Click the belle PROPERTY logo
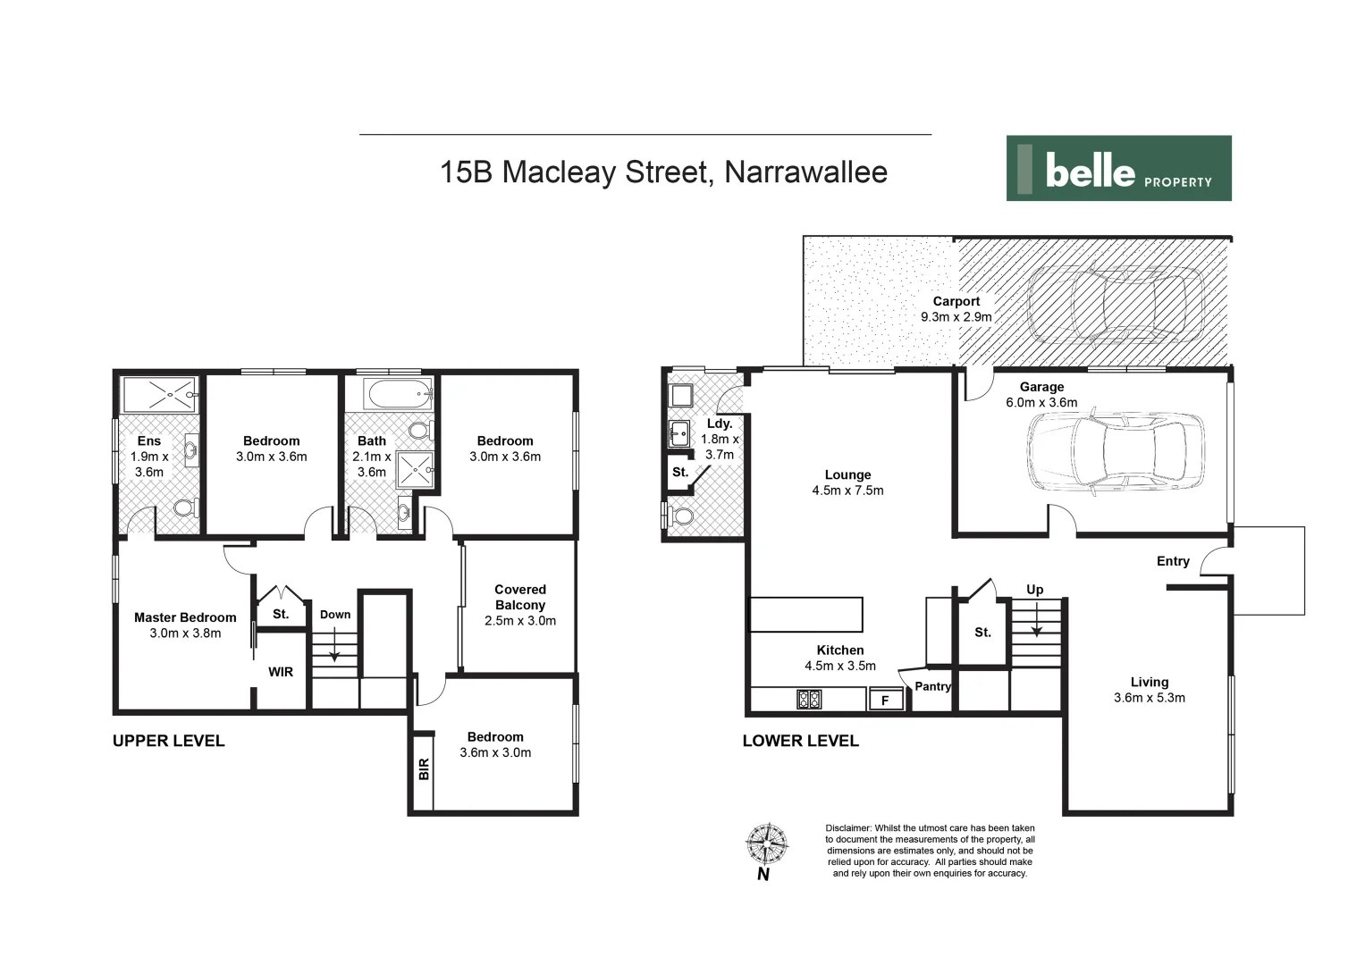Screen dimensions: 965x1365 (1118, 168)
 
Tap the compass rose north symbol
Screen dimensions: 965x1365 (766, 843)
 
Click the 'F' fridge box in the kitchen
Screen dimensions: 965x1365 (885, 701)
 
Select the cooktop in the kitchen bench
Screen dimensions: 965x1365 (809, 700)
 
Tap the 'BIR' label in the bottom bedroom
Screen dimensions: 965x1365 (424, 768)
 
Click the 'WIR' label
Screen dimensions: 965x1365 (281, 672)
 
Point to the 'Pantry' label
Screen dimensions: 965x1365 (932, 686)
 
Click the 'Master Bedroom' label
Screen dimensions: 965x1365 (185, 617)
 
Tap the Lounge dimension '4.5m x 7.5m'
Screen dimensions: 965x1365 (847, 491)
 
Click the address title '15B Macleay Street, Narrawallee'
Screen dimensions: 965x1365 (663, 172)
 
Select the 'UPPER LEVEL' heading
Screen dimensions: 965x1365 (168, 741)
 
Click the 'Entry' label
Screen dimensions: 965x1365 (1173, 561)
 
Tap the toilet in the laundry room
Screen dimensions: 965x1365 (683, 516)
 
